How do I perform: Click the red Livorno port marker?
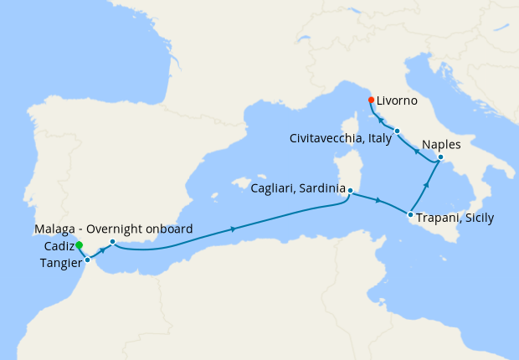click(371, 100)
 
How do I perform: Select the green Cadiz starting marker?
click(79, 245)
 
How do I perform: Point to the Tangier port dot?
click(87, 260)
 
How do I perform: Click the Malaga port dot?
click(112, 242)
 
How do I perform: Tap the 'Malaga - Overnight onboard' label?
click(114, 229)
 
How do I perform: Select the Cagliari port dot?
click(350, 191)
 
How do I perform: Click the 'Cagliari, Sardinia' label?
click(297, 190)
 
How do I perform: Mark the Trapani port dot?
click(410, 215)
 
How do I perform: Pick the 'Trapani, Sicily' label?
click(455, 218)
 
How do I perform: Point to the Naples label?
click(442, 144)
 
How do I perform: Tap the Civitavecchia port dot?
click(398, 131)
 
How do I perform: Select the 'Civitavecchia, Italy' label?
click(341, 138)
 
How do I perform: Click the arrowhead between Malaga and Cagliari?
click(231, 228)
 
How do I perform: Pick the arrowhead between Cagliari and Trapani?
click(380, 201)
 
